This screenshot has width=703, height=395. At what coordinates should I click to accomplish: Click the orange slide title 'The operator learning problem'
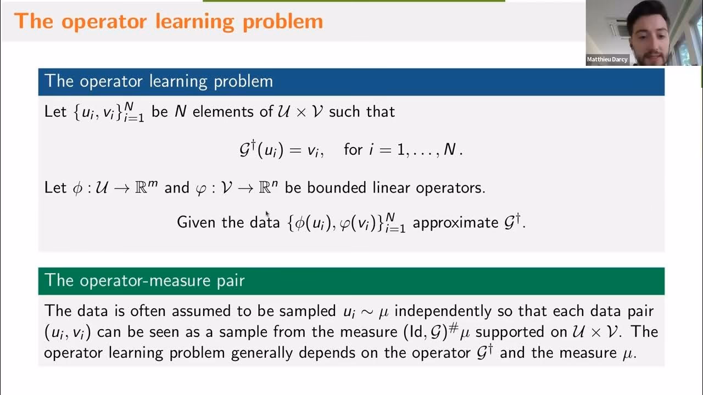pyautogui.click(x=169, y=21)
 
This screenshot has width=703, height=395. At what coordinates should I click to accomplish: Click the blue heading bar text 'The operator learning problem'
pyautogui.click(x=159, y=81)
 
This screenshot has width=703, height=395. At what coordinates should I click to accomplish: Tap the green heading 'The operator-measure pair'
pyautogui.click(x=144, y=280)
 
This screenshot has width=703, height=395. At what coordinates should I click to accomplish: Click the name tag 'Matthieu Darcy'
pyautogui.click(x=607, y=59)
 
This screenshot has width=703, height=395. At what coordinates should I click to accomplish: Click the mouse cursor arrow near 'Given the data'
pyautogui.click(x=267, y=214)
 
